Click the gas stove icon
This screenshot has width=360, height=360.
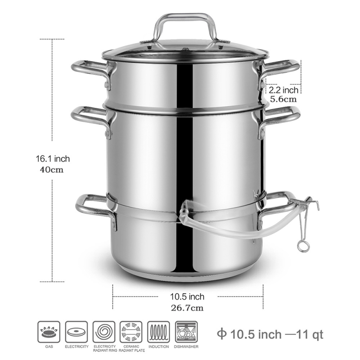pyautogui.click(x=49, y=332)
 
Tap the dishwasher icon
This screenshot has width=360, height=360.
pyautogui.click(x=186, y=332)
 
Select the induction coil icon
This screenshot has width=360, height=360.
pyautogui.click(x=159, y=332)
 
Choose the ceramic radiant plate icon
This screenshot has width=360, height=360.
pyautogui.click(x=131, y=332)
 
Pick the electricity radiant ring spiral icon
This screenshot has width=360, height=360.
pyautogui.click(x=104, y=332)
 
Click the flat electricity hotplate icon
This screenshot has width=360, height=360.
pyautogui.click(x=76, y=332)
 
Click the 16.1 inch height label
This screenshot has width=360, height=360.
pyautogui.click(x=53, y=159)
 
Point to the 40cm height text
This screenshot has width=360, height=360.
pyautogui.click(x=52, y=170)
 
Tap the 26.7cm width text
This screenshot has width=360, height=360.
pyautogui.click(x=187, y=308)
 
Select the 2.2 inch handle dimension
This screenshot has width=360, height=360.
pyautogui.click(x=283, y=90)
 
